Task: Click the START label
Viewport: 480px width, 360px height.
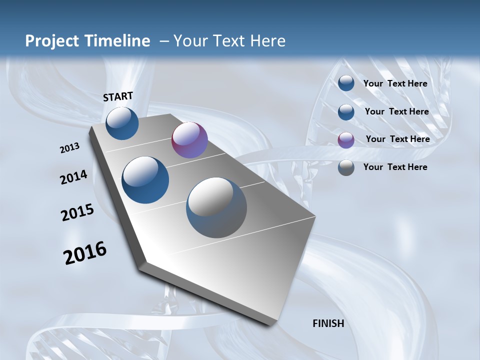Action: click(118, 96)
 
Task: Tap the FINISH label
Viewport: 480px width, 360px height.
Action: click(328, 323)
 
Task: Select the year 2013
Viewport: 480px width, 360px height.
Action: click(70, 148)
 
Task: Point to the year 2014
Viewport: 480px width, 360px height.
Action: click(74, 177)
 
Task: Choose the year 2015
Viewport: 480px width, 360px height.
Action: click(77, 212)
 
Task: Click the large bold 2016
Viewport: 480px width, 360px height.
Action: click(85, 253)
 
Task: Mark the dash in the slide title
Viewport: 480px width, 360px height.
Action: click(163, 41)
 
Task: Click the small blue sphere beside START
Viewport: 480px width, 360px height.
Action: click(122, 123)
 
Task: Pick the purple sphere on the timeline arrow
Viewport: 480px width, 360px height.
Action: click(189, 140)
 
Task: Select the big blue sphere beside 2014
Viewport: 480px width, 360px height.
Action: click(145, 180)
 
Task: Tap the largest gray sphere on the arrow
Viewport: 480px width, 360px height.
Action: click(216, 207)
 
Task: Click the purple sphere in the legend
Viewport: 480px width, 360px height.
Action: click(346, 139)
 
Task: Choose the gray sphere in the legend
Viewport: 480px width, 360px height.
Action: click(346, 167)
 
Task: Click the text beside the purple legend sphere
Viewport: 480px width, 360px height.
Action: click(397, 139)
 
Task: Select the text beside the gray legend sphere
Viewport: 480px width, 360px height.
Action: click(395, 167)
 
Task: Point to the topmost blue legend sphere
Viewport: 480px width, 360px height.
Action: click(346, 83)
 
